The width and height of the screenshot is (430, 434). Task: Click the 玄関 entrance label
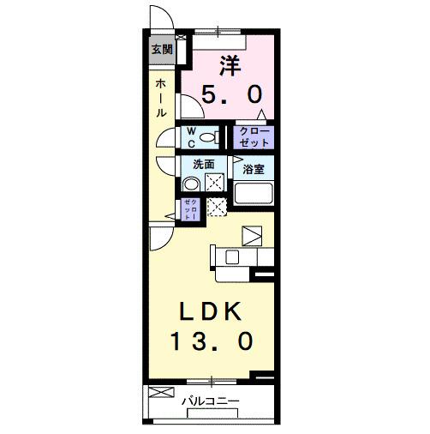pyautogui.click(x=160, y=50)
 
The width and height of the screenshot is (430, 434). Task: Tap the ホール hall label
pyautogui.click(x=160, y=98)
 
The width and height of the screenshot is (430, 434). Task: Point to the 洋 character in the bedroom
pyautogui.click(x=229, y=63)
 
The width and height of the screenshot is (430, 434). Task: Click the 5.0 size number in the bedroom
pyautogui.click(x=230, y=94)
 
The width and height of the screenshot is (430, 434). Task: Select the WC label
pyautogui.click(x=194, y=137)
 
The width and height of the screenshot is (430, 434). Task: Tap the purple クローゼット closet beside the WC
pyautogui.click(x=254, y=137)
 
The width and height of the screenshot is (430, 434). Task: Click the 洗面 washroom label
pyautogui.click(x=203, y=164)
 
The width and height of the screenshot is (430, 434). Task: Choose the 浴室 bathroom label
pyautogui.click(x=253, y=169)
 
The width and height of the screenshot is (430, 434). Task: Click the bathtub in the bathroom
pyautogui.click(x=254, y=193)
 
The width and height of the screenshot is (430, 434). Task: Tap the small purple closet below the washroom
pyautogui.click(x=189, y=209)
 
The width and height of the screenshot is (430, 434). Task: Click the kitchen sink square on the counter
pyautogui.click(x=254, y=236)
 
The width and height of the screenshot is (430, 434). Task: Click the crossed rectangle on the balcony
pyautogui.click(x=161, y=394)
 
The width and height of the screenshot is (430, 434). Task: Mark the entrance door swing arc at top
pyautogui.click(x=159, y=19)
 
